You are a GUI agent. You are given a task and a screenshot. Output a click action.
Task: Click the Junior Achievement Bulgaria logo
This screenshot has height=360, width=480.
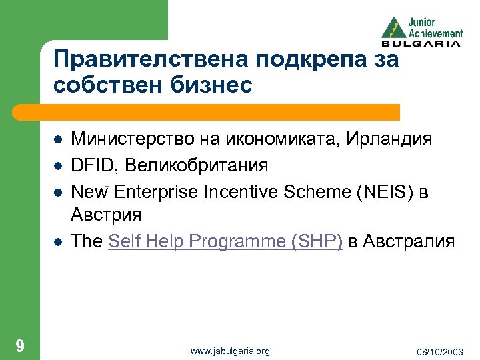pos(421,30)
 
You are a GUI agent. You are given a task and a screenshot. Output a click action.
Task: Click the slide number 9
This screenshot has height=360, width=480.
pos(21,345)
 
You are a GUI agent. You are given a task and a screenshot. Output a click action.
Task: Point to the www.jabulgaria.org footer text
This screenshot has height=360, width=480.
pos(230,351)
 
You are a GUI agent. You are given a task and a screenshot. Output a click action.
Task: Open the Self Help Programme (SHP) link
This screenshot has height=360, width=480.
pos(225,242)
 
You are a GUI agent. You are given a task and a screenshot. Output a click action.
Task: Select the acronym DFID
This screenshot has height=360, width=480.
pos(90,165)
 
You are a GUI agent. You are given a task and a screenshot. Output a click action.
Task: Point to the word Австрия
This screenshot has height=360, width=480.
pos(107,215)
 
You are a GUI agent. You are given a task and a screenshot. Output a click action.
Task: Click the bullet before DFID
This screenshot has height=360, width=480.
pos(57,165)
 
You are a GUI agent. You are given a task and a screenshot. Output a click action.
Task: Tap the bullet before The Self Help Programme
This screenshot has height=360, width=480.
pos(57,242)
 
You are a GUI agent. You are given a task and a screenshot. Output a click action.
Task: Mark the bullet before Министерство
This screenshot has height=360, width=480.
pos(57,139)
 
